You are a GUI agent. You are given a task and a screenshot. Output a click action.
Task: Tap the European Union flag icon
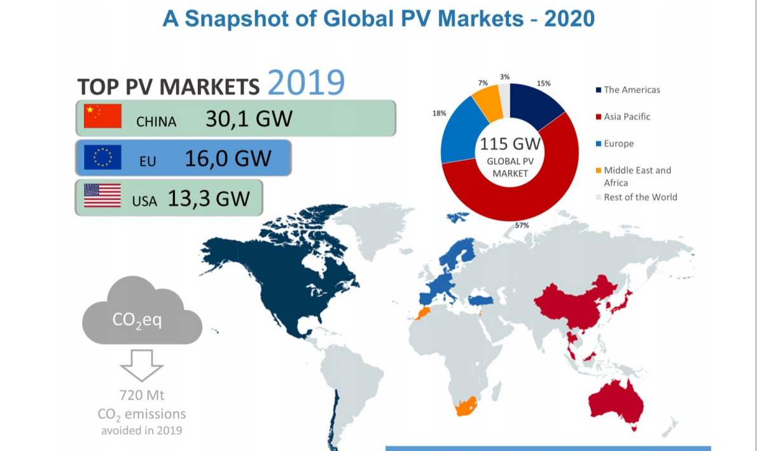coord(102,157)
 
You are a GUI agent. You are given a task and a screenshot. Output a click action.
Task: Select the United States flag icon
coord(102,196)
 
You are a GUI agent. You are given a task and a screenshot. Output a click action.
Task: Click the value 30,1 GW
coord(249,119)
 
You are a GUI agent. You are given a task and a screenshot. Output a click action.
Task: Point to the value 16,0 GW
coord(228,158)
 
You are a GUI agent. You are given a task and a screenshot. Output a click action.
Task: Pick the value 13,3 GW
coord(208,198)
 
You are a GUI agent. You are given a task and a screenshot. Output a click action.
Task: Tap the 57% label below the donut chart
coord(522,225)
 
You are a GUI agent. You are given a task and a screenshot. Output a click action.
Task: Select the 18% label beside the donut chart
coord(439,113)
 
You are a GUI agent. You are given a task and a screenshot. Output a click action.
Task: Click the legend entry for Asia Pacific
coord(627,116)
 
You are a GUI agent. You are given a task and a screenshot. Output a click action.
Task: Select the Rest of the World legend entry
coord(640,197)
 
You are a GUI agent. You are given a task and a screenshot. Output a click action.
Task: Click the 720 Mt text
coord(142,396)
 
